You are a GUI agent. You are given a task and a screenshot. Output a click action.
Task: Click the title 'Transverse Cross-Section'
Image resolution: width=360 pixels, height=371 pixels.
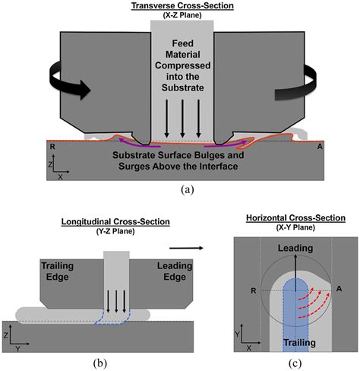point(180,5)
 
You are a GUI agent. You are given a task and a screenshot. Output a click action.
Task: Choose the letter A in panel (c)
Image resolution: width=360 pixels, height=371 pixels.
point(338,290)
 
